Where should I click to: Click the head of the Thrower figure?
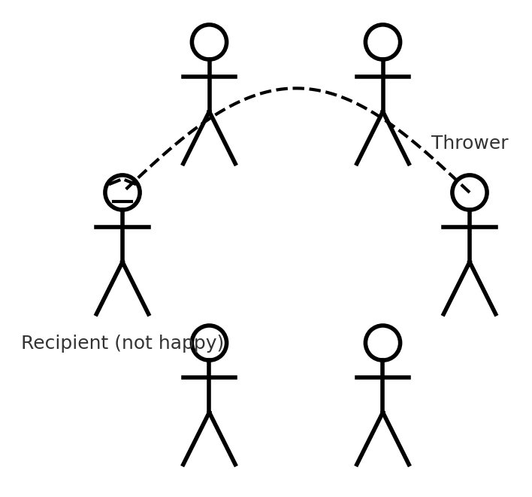click(470, 192)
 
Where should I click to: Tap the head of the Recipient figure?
click(122, 192)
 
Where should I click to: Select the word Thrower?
click(470, 143)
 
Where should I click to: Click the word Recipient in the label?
click(65, 344)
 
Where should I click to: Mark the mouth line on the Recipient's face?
click(122, 202)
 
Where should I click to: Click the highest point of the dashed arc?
click(296, 89)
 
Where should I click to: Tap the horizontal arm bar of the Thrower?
click(470, 226)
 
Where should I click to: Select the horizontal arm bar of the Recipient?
click(122, 226)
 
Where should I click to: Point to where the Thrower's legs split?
click(470, 262)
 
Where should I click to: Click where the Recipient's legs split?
click(122, 262)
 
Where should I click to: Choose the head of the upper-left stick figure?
click(209, 42)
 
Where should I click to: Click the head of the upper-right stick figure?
click(382, 42)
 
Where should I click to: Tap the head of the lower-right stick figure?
click(382, 343)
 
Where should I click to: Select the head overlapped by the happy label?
click(209, 343)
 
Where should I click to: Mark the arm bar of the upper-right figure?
click(382, 76)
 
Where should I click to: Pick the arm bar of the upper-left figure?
click(209, 76)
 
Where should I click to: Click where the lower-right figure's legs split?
click(382, 412)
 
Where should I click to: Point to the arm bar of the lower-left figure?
click(209, 377)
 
